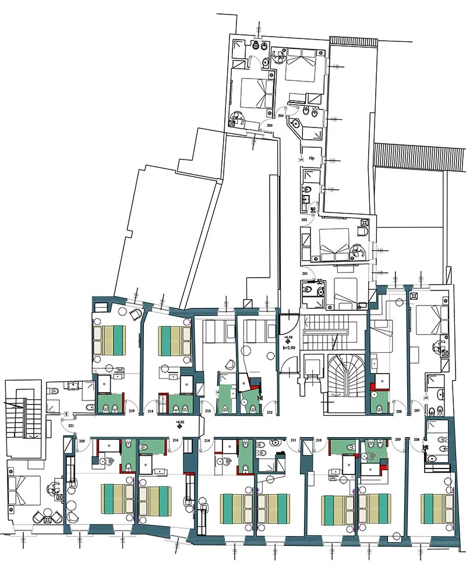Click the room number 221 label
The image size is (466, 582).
pyautogui.click(x=71, y=426)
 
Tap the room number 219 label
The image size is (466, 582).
pyautogui.click(x=132, y=412)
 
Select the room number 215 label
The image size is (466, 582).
pyautogui.click(x=208, y=412)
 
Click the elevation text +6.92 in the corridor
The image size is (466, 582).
pyautogui.click(x=180, y=421)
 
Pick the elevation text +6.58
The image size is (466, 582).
pyautogui.click(x=288, y=337)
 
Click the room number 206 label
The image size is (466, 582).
pyautogui.click(x=399, y=411)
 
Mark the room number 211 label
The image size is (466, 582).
pyautogui.click(x=294, y=439)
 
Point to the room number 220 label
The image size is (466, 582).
pyautogui.click(x=82, y=441)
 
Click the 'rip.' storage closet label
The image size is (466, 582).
pyautogui.click(x=312, y=158)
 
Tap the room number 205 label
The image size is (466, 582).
pyautogui.click(x=270, y=125)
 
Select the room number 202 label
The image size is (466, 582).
pyautogui.click(x=304, y=220)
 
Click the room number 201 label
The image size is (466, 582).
pyautogui.click(x=305, y=274)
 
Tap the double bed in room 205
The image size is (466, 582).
pyautogui.click(x=257, y=93)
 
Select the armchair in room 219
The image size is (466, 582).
pyautogui.click(x=135, y=314)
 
